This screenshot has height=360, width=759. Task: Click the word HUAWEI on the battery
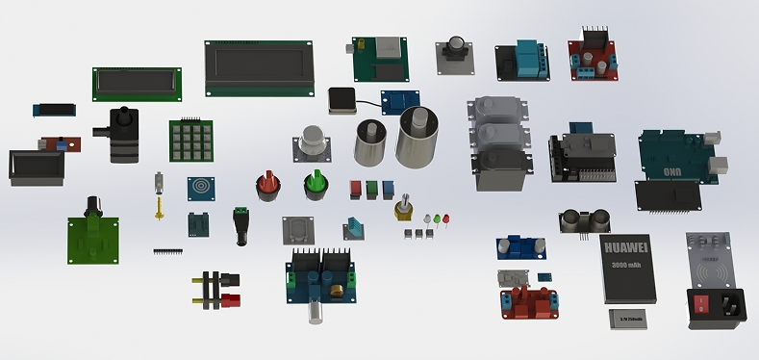tap(627, 248)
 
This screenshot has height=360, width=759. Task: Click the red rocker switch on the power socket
tap(704, 305)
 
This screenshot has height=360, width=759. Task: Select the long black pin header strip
tap(167, 251)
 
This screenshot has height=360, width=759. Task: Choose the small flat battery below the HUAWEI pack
tap(631, 318)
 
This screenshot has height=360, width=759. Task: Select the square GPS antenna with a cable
tap(342, 100)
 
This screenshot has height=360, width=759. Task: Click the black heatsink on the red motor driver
tap(595, 40)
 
